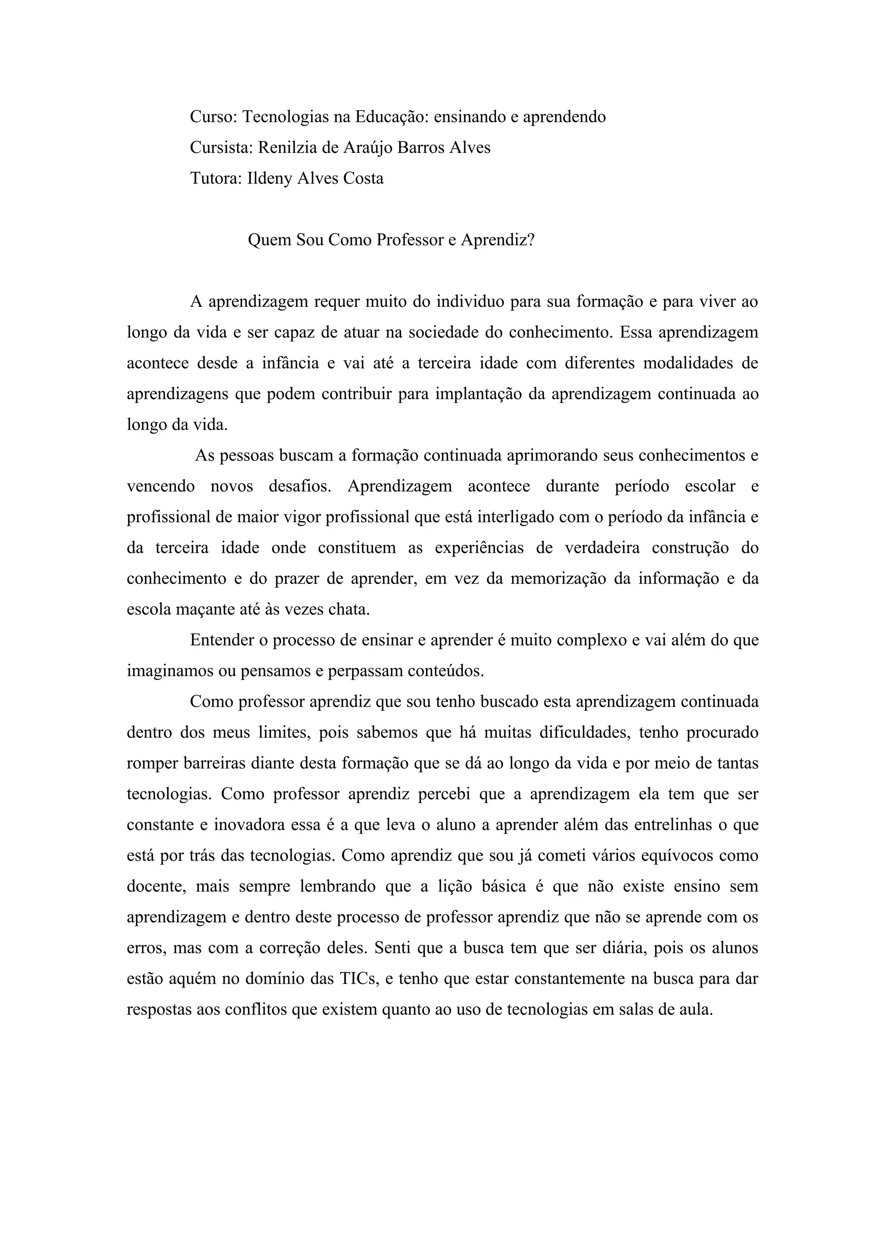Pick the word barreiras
[x=214, y=763]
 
